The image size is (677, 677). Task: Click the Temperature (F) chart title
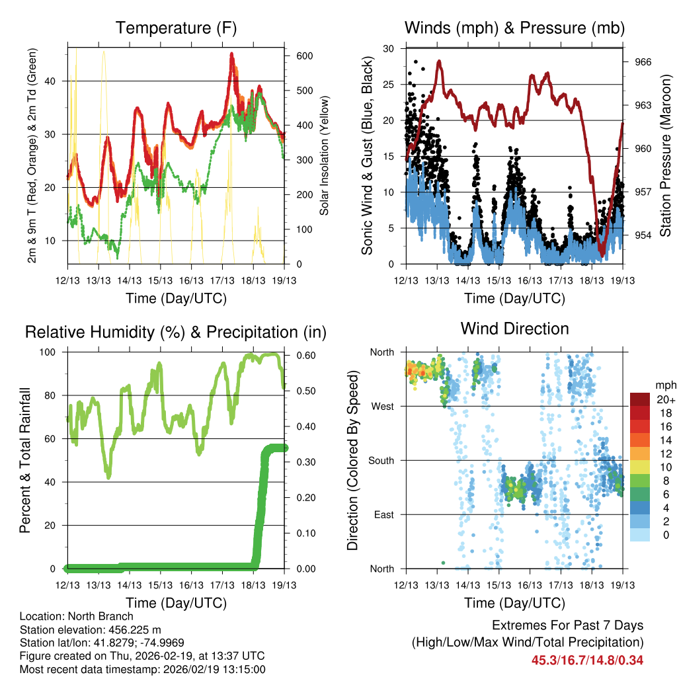[x=176, y=28]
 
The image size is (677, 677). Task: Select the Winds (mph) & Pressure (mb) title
[x=514, y=28]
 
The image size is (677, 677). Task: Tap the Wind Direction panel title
[x=514, y=329]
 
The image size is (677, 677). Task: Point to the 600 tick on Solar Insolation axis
[x=303, y=56]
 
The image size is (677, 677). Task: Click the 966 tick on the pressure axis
[x=643, y=62]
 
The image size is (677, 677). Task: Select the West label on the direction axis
[x=383, y=406]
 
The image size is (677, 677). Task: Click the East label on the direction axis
[x=383, y=514]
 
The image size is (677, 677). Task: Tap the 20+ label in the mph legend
[x=665, y=399]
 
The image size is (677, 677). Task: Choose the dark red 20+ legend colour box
[x=640, y=399]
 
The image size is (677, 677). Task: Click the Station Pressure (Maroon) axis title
[x=666, y=156]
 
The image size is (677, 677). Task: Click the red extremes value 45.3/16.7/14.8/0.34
[x=587, y=660]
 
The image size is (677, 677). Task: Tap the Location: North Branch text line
[x=76, y=617]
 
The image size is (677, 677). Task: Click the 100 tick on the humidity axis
[x=50, y=352]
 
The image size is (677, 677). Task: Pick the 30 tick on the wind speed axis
[x=389, y=48]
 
